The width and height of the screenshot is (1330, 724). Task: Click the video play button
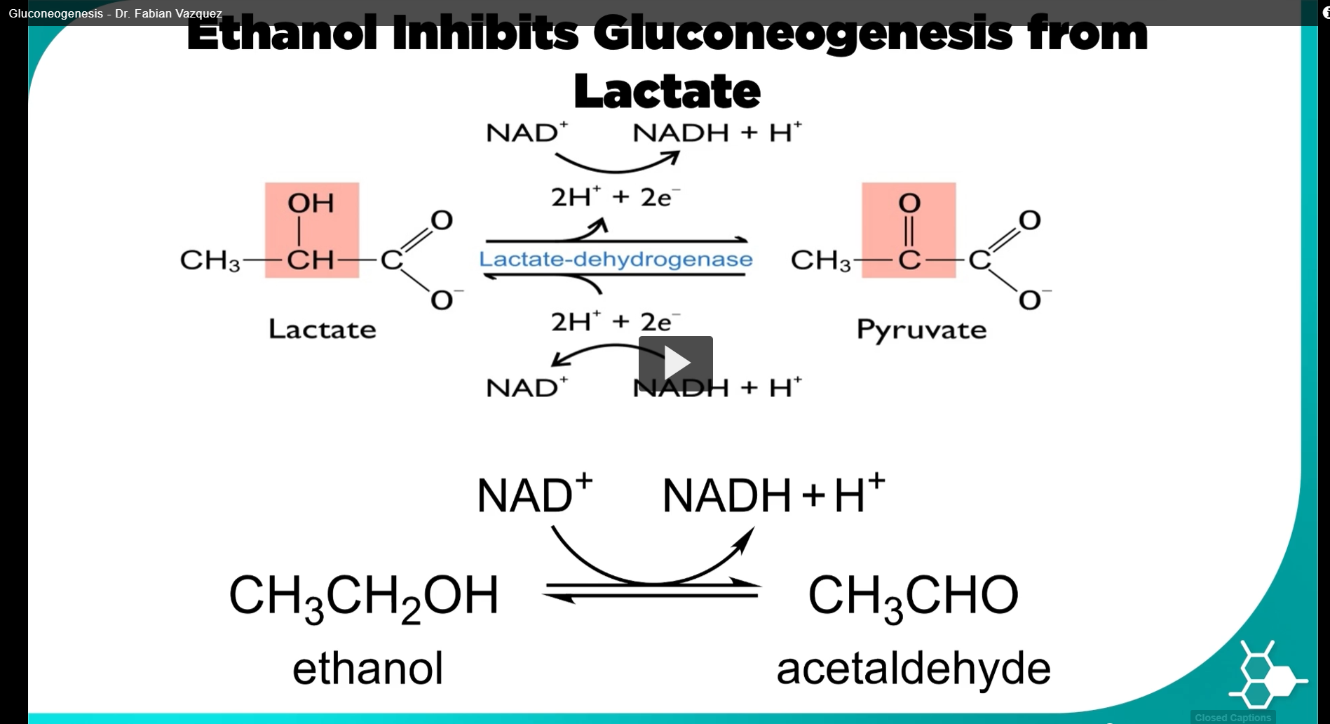click(x=675, y=362)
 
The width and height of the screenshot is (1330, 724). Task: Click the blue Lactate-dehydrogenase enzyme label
click(x=616, y=259)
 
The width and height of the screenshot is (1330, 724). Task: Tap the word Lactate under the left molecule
click(x=322, y=329)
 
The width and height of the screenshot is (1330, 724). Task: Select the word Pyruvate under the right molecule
click(x=921, y=329)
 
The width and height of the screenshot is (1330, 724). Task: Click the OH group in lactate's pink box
click(x=311, y=203)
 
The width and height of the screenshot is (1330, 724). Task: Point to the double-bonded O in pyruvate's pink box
click(x=909, y=203)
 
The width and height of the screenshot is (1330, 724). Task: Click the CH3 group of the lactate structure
click(x=210, y=260)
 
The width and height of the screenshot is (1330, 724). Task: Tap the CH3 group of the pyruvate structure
click(x=820, y=260)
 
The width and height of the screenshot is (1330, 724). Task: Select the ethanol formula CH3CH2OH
click(x=363, y=596)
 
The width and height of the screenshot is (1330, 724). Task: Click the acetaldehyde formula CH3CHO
click(x=913, y=596)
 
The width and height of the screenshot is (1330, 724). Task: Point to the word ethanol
click(x=367, y=668)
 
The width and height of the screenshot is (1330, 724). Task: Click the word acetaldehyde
click(x=913, y=668)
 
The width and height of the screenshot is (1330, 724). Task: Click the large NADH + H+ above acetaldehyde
click(x=773, y=495)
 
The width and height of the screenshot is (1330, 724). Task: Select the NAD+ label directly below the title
click(x=527, y=133)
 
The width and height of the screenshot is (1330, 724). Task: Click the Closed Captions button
click(x=1232, y=717)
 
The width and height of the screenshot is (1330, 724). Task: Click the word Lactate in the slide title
click(x=666, y=91)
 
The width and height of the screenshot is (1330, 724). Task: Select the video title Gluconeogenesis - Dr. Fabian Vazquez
click(x=116, y=13)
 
